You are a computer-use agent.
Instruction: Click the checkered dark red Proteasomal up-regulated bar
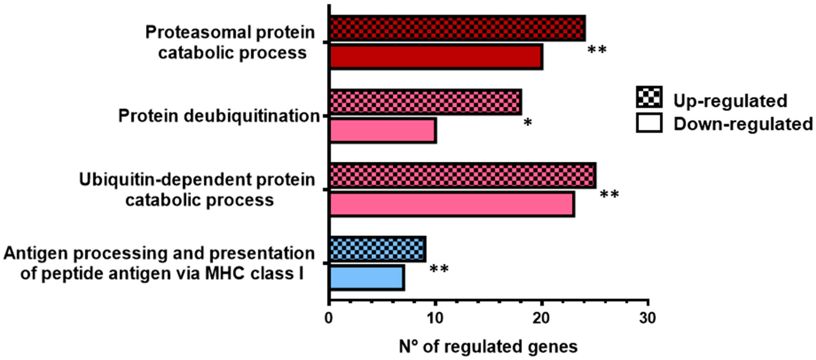[457, 28]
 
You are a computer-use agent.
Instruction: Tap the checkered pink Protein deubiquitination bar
[425, 102]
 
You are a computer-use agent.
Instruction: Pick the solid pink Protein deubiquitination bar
[383, 130]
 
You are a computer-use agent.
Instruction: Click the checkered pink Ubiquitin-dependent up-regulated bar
[463, 176]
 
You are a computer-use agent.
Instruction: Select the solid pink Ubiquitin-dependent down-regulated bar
[452, 204]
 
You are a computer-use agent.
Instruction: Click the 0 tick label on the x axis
[329, 318]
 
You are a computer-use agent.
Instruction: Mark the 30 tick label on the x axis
[647, 318]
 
